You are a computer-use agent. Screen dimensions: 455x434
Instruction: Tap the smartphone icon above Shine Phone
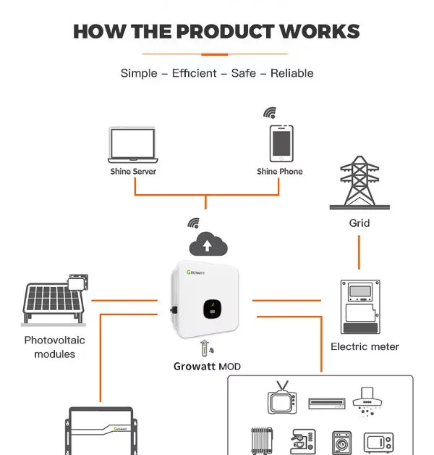pyautogui.click(x=281, y=143)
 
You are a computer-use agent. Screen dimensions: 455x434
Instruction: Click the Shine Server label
pyautogui.click(x=133, y=172)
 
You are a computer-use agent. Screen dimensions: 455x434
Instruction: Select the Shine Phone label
pyautogui.click(x=280, y=172)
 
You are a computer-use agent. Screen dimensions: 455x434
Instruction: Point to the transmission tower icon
pyautogui.click(x=359, y=182)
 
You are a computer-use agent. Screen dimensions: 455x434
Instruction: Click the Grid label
pyautogui.click(x=359, y=223)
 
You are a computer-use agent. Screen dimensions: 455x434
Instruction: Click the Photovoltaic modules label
pyautogui.click(x=55, y=347)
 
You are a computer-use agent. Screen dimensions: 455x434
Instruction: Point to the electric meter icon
pyautogui.click(x=359, y=306)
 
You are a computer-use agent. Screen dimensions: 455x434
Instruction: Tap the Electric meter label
pyautogui.click(x=365, y=347)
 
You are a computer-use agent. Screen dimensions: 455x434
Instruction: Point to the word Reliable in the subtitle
pyautogui.click(x=293, y=73)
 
